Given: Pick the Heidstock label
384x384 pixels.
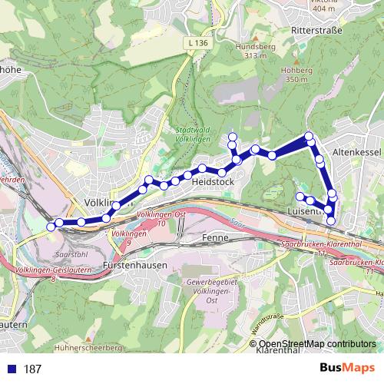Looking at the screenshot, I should coord(212,182).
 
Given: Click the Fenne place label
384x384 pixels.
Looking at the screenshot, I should coord(211,240).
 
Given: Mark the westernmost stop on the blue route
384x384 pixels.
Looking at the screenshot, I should coord(51,226).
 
